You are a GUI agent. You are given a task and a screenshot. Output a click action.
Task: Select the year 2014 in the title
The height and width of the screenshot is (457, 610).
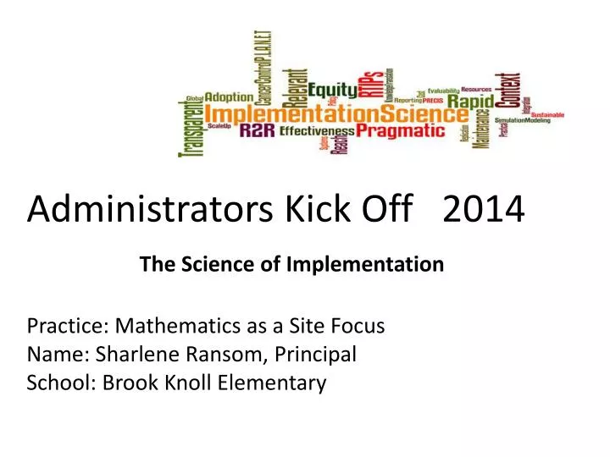tap(483, 208)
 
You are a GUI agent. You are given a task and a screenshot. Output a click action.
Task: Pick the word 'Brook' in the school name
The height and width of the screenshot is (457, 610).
tap(126, 383)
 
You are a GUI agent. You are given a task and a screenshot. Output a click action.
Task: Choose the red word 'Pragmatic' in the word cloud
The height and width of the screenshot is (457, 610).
tap(400, 130)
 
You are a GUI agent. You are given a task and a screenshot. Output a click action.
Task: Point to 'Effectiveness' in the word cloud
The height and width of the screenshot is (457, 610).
tap(317, 131)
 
